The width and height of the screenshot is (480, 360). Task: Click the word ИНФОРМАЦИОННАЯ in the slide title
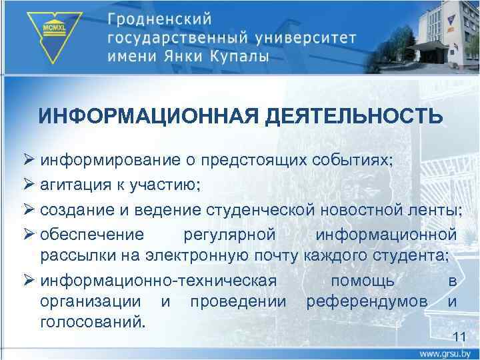pos(147,116)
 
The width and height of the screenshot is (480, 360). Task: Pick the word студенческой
pos(263,211)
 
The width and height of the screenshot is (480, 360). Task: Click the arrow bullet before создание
pos(29,211)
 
